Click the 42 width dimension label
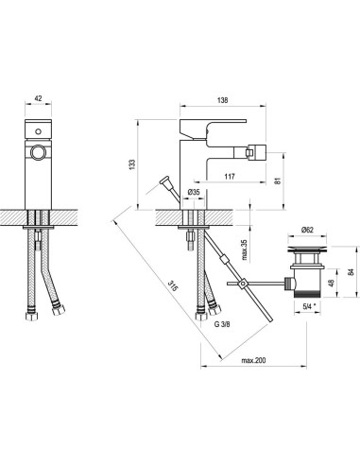click(x=38, y=98)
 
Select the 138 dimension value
click(x=222, y=100)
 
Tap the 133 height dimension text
click(x=132, y=164)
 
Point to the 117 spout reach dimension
click(x=230, y=177)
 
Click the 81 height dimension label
click(x=277, y=181)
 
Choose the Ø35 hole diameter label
click(x=194, y=192)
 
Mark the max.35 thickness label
click(x=245, y=250)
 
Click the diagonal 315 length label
click(x=172, y=286)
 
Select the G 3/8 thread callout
click(x=222, y=324)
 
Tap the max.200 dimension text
click(x=253, y=360)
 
